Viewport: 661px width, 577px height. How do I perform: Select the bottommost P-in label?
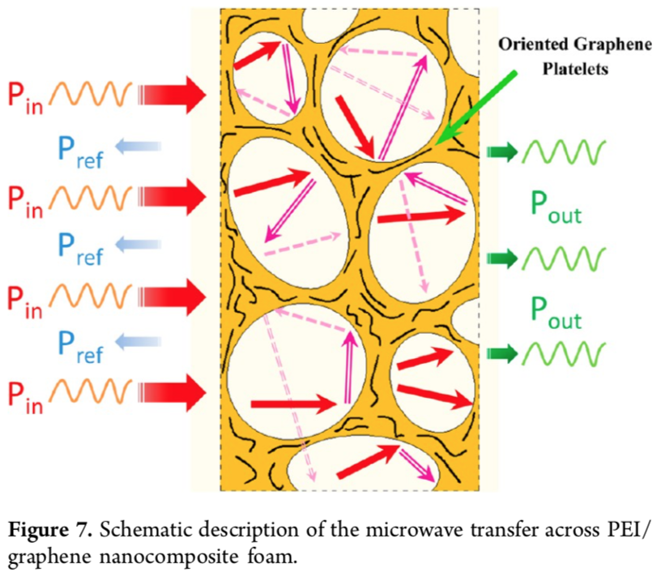coord(24,395)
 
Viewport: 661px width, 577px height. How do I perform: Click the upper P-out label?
coord(556,204)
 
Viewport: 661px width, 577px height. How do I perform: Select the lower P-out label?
coord(556,314)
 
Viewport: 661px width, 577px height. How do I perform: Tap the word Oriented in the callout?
coord(531,45)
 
